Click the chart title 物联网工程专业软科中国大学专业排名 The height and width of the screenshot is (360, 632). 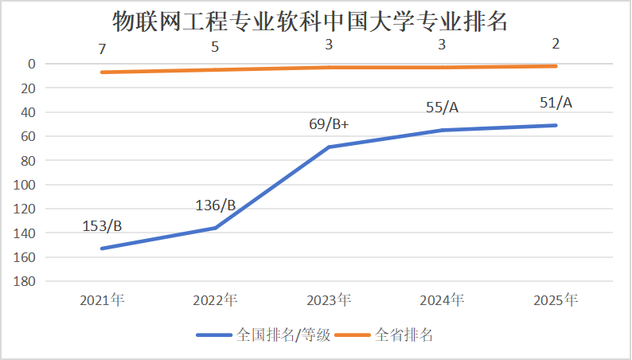coord(310,22)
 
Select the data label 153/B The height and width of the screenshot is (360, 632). coord(102,226)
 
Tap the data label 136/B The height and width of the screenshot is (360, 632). coord(216,205)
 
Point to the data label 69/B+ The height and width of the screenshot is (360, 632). coord(330,123)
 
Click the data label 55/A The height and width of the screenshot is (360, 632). coord(443,108)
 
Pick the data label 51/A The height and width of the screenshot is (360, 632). coord(556,103)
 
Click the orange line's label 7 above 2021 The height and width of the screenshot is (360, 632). coord(102,49)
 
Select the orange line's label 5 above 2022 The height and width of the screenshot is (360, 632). coord(215,47)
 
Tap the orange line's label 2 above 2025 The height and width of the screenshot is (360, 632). coord(556,44)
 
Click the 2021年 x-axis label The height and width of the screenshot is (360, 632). coord(102,300)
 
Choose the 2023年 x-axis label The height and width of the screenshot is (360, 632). coord(329,300)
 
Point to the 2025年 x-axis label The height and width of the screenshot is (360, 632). coord(556,300)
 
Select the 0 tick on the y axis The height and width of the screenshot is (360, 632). coord(31,64)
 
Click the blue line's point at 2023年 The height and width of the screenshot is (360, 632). coord(329,147)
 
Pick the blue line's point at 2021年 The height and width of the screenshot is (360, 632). coord(102,248)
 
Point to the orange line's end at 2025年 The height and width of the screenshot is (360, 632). coord(556,66)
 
